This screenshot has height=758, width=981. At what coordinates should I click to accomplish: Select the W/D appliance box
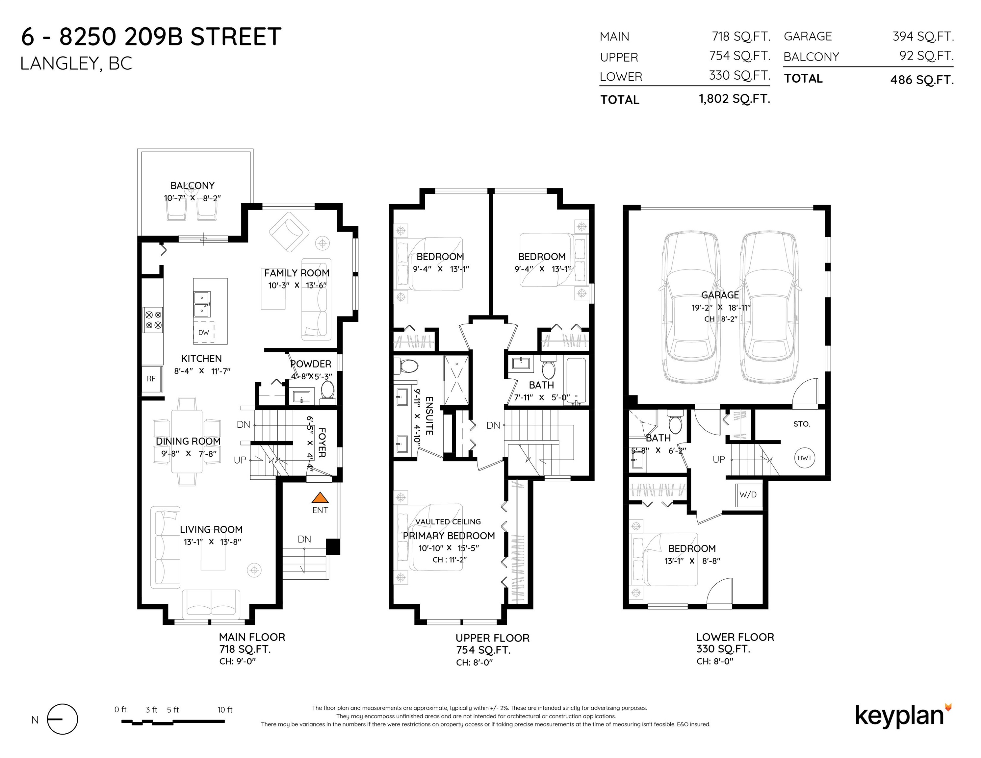[748, 495]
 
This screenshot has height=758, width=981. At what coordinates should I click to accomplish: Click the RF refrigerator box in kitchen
[151, 379]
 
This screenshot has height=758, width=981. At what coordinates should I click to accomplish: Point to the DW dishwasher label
[203, 333]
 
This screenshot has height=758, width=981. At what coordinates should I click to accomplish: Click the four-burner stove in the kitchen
[153, 320]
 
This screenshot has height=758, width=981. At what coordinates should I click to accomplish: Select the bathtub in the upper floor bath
[576, 380]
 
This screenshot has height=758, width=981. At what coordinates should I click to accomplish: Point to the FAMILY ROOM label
[297, 273]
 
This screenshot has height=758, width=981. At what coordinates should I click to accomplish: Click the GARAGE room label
[720, 295]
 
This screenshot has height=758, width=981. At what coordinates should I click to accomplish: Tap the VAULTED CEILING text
[448, 522]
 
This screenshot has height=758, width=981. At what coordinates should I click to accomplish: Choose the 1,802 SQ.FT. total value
[735, 99]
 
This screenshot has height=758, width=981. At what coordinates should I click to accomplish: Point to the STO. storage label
[802, 424]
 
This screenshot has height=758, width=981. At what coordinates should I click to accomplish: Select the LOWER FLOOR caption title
[735, 637]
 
